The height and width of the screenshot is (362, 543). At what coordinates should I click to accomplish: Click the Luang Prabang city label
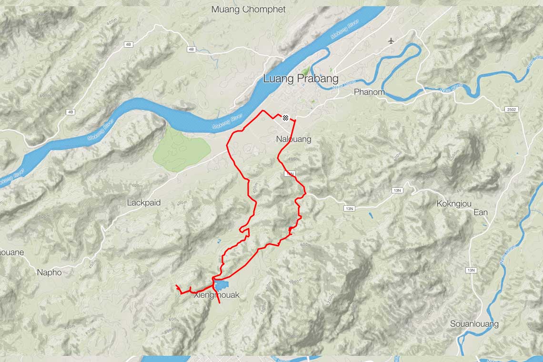pyautogui.click(x=301, y=79)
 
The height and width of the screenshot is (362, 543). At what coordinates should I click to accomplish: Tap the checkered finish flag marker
pyautogui.click(x=285, y=118)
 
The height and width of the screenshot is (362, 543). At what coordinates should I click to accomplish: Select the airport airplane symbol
pyautogui.click(x=392, y=40)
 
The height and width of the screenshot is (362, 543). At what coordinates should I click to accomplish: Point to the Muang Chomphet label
pyautogui.click(x=248, y=9)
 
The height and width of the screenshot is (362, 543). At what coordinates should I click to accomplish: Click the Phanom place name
pyautogui.click(x=369, y=92)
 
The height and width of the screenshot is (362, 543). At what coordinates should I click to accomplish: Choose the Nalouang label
pyautogui.click(x=293, y=139)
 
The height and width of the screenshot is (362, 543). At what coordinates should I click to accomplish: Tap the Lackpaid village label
pyautogui.click(x=144, y=202)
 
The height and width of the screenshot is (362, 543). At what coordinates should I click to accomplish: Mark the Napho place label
pyautogui.click(x=50, y=272)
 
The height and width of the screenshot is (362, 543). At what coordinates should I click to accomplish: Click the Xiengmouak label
pyautogui.click(x=217, y=295)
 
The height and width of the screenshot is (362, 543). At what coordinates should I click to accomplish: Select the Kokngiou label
pyautogui.click(x=454, y=204)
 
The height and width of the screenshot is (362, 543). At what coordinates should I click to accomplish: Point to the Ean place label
pyautogui.click(x=481, y=212)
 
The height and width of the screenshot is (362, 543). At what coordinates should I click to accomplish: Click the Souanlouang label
pyautogui.click(x=474, y=324)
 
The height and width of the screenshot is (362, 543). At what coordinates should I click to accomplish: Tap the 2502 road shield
pyautogui.click(x=511, y=110)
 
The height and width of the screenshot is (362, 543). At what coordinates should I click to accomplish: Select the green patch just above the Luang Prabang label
pyautogui.click(x=305, y=71)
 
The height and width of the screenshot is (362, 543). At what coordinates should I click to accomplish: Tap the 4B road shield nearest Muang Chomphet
pyautogui.click(x=191, y=49)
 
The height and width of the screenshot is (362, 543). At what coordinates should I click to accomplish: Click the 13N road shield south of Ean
pyautogui.click(x=471, y=271)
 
